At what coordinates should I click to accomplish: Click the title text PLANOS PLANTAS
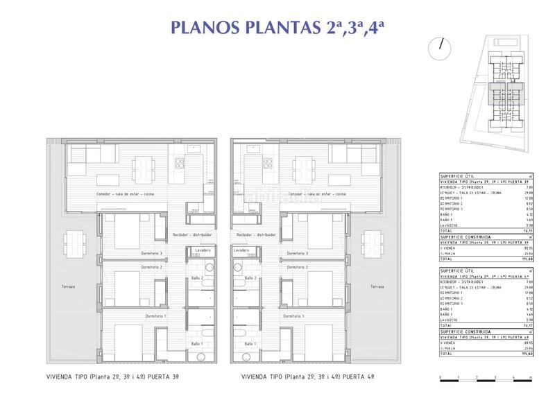click(240, 28)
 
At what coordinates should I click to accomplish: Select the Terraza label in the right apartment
click(377, 286)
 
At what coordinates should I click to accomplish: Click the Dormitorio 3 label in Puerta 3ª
click(151, 254)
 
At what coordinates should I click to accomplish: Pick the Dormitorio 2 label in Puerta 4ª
click(296, 267)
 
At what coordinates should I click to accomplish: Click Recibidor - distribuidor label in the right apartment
click(257, 235)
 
